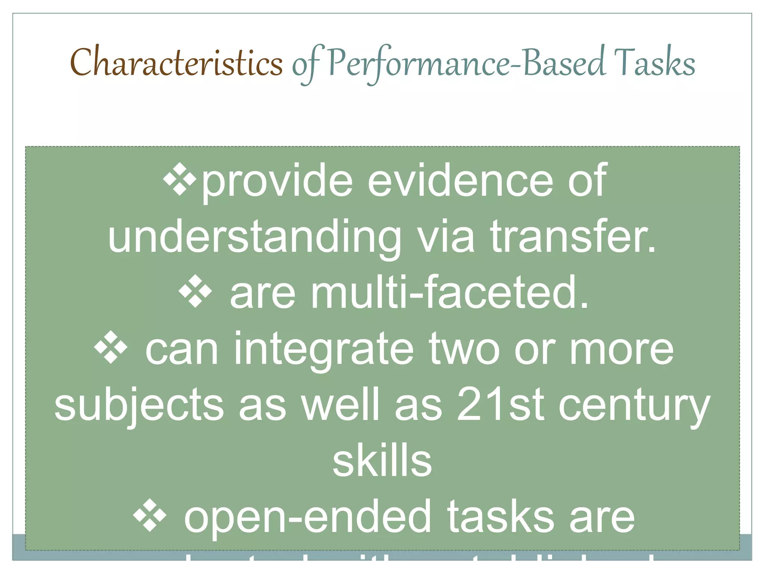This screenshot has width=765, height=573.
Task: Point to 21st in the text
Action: [500, 404]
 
